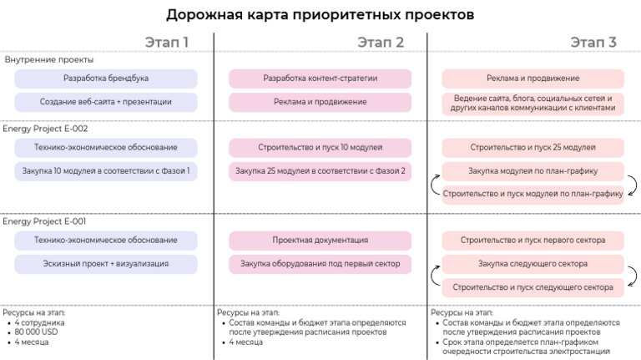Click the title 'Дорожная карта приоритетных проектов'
(x=320, y=14)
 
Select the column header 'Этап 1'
(x=167, y=43)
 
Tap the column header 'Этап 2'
(x=381, y=43)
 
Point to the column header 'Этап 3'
(x=593, y=43)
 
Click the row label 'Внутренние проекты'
(x=49, y=60)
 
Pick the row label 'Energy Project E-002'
(x=45, y=129)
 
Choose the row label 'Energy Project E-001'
(x=45, y=221)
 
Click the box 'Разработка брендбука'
(x=106, y=79)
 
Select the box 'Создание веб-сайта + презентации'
(x=106, y=102)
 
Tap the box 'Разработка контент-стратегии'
(x=320, y=79)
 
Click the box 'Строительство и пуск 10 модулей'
(x=320, y=148)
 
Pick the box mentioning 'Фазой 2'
(x=320, y=171)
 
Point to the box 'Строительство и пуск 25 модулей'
(x=533, y=148)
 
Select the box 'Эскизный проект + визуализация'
(x=106, y=264)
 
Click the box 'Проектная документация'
(x=320, y=241)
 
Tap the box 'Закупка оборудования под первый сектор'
(x=320, y=264)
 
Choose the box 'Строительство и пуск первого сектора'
(x=533, y=241)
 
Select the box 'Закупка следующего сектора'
(x=533, y=264)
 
